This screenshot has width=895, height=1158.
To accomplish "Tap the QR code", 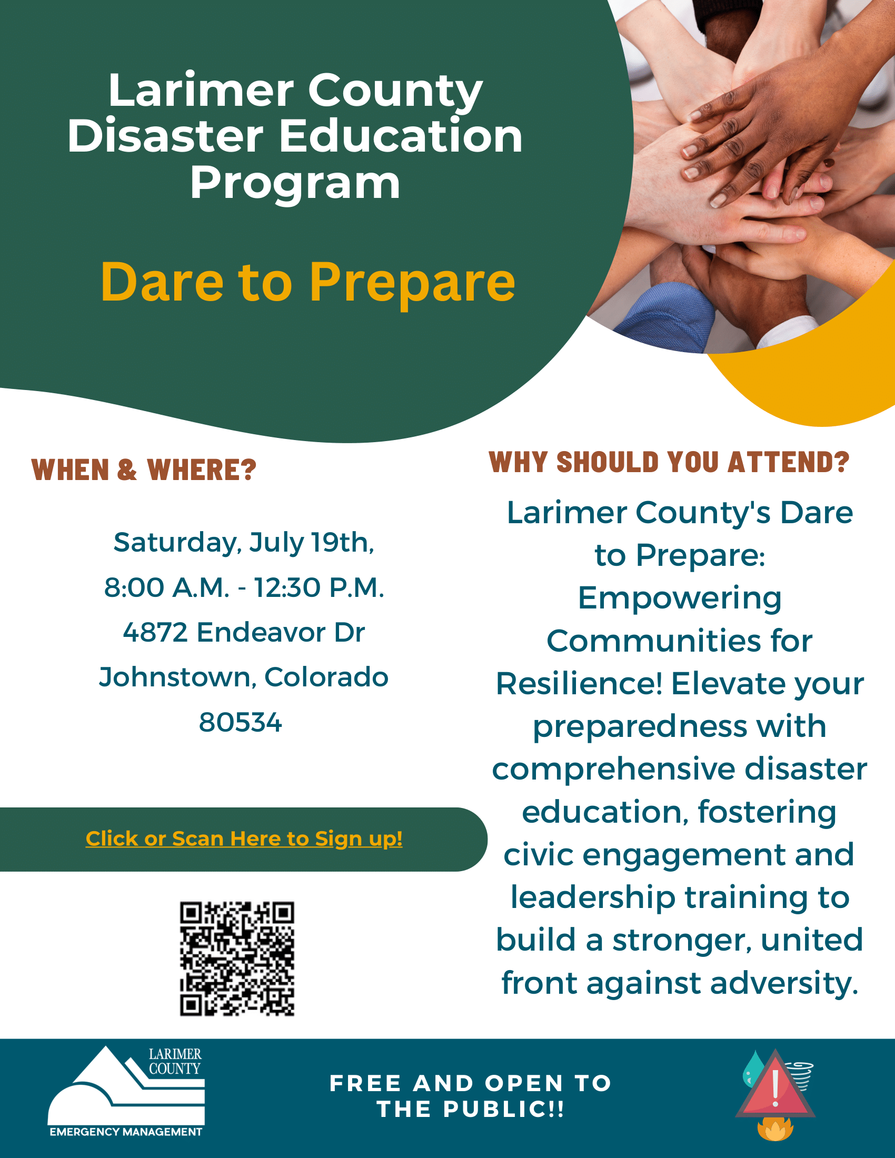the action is pos(237,959).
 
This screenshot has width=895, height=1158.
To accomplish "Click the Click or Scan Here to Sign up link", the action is pos(244,838).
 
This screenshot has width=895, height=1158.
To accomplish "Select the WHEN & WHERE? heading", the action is pos(144,470).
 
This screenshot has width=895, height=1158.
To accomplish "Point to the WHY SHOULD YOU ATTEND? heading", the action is pos(669,462).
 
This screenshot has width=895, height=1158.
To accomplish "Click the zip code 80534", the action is pos(241,722).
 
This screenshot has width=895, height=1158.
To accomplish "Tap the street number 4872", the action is pos(155,632).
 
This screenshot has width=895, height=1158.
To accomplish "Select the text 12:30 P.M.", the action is pos(319,587).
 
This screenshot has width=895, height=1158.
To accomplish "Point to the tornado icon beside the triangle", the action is pos(802,1075).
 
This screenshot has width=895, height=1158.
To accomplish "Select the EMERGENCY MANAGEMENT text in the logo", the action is pos(126,1132).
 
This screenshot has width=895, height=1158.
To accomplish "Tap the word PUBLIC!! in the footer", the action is pos(504,1109).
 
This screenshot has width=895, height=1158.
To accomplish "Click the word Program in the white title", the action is pos(295,184).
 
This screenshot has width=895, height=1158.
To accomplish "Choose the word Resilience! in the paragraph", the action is pos(580,683).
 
